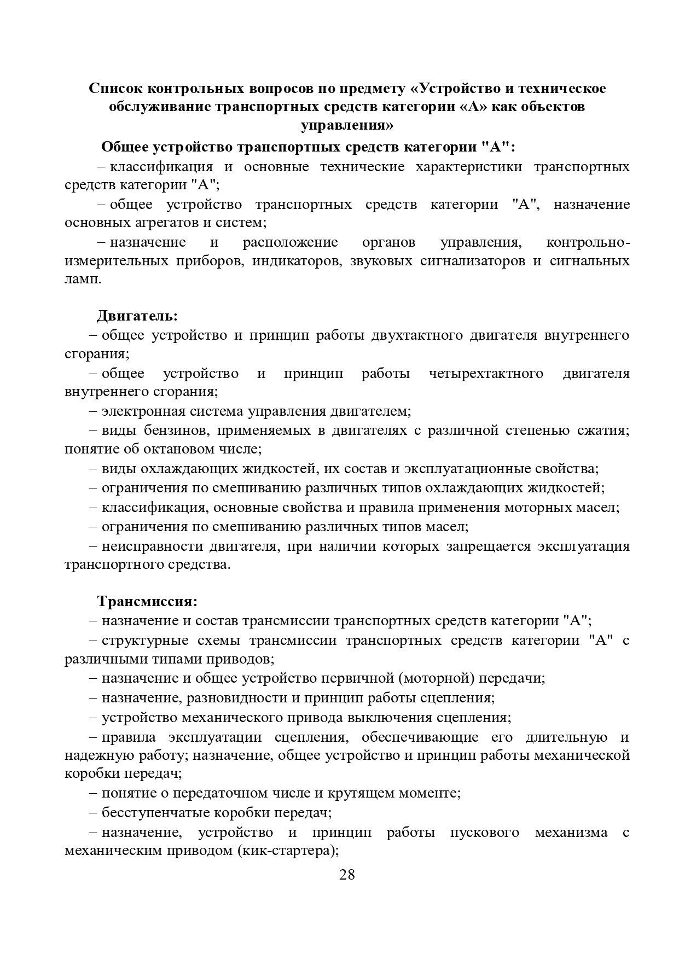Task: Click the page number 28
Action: click(x=347, y=875)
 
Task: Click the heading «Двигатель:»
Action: click(x=137, y=316)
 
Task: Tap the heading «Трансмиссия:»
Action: click(x=147, y=601)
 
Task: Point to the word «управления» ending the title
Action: click(x=346, y=125)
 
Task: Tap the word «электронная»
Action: click(x=144, y=411)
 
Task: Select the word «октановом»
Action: click(x=191, y=449)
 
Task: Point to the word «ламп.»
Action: click(x=83, y=279)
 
